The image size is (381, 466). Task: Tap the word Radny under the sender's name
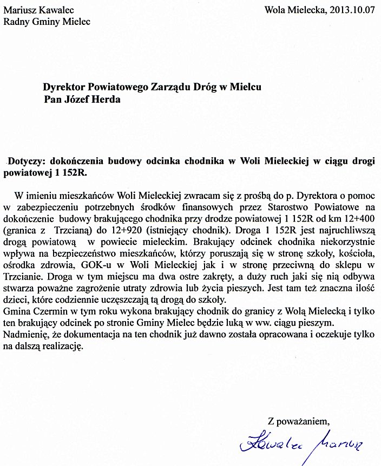coord(17,22)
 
